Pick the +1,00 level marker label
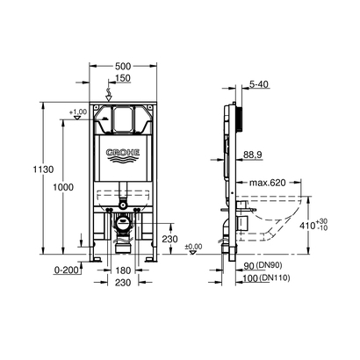tap(78, 113)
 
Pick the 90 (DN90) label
tap(263, 266)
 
